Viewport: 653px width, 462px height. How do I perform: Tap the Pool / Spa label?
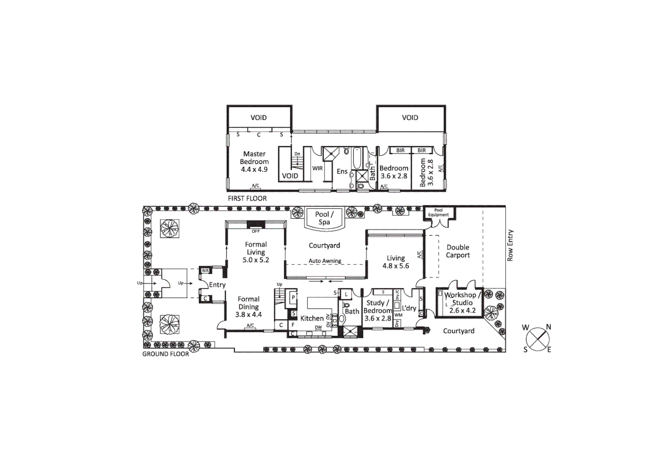[324, 218]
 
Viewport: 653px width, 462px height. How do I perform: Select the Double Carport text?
[458, 251]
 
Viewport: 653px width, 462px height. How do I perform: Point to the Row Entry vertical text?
[510, 246]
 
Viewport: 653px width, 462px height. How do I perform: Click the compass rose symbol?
[537, 338]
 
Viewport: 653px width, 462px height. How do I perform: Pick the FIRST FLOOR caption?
[247, 198]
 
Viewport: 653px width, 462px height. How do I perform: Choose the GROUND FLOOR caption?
[165, 354]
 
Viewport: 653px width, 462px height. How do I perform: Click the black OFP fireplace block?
[256, 225]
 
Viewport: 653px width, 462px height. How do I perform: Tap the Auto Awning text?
[325, 261]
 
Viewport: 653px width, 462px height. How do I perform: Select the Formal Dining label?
[248, 303]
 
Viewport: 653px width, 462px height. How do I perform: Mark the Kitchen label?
[312, 318]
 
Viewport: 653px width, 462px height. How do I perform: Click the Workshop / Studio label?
[462, 299]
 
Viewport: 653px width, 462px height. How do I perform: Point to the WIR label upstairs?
[317, 168]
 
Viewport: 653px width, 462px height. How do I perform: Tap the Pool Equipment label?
[438, 212]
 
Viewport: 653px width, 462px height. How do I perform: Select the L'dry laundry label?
[409, 308]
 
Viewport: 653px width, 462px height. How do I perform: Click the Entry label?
[217, 285]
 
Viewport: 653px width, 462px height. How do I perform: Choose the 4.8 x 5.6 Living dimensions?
[395, 266]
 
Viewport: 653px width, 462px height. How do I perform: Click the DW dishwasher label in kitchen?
[318, 327]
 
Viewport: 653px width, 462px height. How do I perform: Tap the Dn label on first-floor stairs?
[297, 154]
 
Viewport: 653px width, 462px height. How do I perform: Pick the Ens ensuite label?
[342, 172]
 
